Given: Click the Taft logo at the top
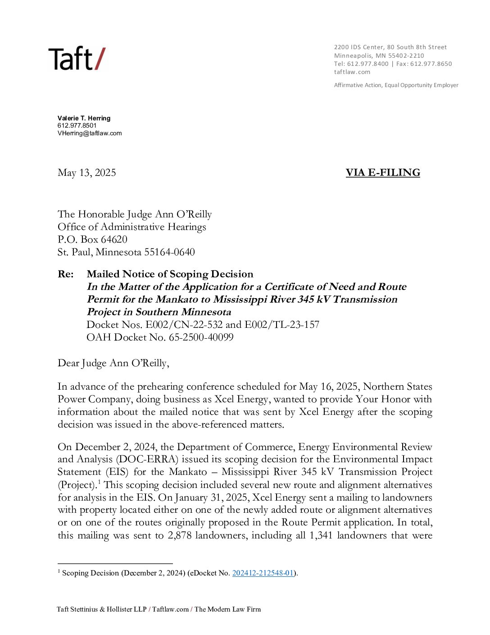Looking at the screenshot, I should point(77,59).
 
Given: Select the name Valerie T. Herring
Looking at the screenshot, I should point(84,118).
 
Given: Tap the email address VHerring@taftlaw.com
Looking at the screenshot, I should point(90,133).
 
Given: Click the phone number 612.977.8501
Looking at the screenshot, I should point(77,125).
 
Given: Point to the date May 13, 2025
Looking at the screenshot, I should point(86,173).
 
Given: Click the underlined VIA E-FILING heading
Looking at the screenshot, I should point(383,173).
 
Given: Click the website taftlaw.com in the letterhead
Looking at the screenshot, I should point(352,72).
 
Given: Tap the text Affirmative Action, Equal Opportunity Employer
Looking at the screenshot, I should point(396,85).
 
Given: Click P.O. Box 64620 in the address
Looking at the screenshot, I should point(92,239).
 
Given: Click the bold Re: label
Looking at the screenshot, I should point(66,274).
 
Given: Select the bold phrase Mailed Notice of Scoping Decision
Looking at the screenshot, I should point(170,274).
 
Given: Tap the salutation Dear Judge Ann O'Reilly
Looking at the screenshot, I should point(113,363).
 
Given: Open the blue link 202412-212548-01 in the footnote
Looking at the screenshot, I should point(263,573).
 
